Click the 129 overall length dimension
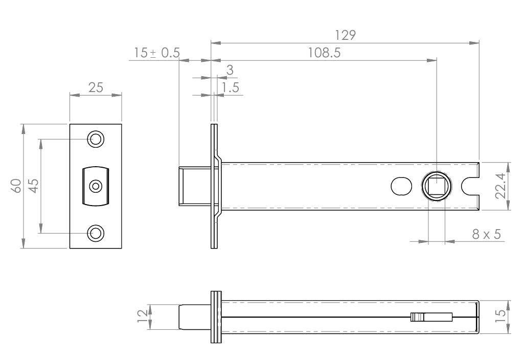[x=345, y=35]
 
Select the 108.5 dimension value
[x=324, y=53]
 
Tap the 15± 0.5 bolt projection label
[x=157, y=53]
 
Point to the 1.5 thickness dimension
[x=231, y=87]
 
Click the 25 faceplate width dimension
[x=96, y=87]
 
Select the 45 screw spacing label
[x=34, y=186]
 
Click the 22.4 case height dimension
[x=500, y=186]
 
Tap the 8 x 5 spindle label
[x=487, y=234]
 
